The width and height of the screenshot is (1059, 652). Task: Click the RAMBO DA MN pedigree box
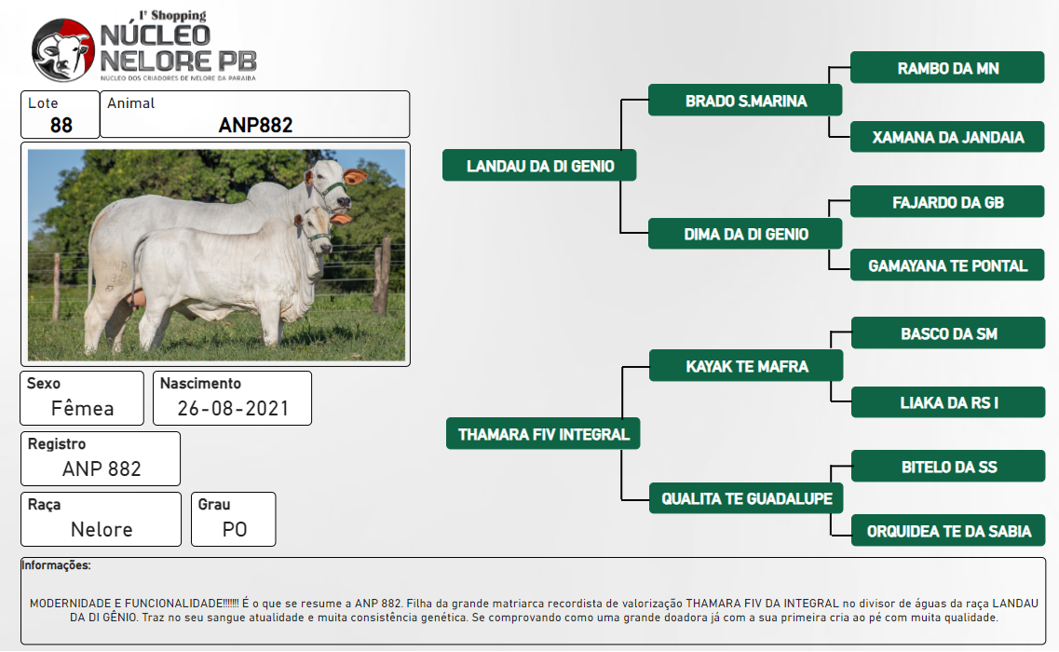947,68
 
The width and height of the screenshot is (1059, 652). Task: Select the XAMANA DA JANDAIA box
947,137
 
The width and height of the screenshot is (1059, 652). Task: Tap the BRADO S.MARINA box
745,101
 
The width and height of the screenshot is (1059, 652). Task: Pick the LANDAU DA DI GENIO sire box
539,166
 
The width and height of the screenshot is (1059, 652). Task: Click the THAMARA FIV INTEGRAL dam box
543,434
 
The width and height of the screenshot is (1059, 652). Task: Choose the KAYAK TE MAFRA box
746,366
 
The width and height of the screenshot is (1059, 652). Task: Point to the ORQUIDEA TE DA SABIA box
948,531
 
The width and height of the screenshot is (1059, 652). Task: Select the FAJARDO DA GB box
947,202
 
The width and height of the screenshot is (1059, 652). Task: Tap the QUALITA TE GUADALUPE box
746,498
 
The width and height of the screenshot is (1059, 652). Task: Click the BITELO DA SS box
948,467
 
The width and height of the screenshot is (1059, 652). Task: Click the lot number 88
61,125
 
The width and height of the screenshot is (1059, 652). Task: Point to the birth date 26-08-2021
233,409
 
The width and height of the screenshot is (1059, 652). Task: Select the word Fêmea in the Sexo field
82,409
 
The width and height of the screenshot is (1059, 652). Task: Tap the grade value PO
235,530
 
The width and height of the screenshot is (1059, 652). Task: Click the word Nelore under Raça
102,530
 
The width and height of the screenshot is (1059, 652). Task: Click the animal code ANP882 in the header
255,125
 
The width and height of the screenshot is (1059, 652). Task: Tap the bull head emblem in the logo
63,50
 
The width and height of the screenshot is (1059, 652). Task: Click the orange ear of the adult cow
355,177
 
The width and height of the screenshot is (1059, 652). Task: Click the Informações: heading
56,564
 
